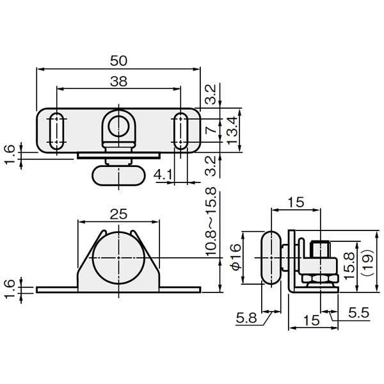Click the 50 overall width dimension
[118, 61]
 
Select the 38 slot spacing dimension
[118, 81]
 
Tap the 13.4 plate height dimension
[232, 131]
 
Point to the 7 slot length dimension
[211, 131]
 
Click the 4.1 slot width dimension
[163, 175]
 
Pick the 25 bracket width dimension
[118, 214]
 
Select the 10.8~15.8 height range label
[211, 222]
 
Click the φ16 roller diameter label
[236, 257]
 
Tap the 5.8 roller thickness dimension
[246, 318]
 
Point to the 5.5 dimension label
[359, 313]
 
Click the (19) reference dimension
[368, 264]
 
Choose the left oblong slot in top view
[57, 131]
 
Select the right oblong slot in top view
[180, 131]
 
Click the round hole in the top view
[119, 126]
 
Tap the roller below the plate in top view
[119, 175]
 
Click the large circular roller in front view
[119, 258]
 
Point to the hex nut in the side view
[320, 278]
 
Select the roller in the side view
[271, 257]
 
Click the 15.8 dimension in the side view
[349, 266]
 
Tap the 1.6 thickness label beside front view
[10, 290]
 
